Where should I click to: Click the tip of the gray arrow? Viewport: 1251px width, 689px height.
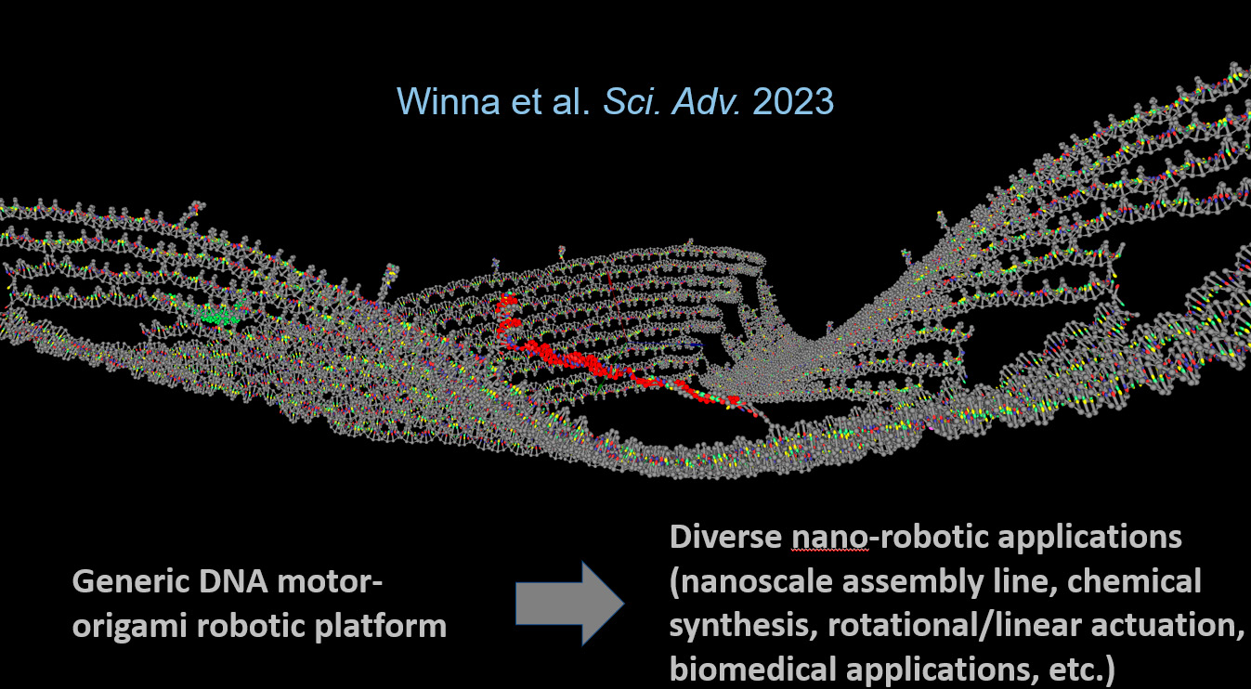click(x=624, y=603)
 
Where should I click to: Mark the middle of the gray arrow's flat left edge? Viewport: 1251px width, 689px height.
click(x=516, y=603)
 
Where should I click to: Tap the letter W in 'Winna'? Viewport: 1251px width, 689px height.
click(x=415, y=101)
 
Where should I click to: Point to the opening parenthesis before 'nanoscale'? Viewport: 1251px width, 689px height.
click(x=674, y=582)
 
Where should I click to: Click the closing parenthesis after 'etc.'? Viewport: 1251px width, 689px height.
click(x=1109, y=669)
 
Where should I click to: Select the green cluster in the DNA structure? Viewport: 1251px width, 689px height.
click(x=221, y=316)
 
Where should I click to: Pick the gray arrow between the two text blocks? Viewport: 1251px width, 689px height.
click(x=569, y=603)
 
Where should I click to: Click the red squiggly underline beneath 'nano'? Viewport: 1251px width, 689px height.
click(x=830, y=550)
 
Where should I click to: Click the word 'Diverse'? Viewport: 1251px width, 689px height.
click(x=726, y=537)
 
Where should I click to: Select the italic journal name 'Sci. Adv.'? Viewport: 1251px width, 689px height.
click(x=672, y=101)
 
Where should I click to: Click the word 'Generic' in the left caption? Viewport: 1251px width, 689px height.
click(x=131, y=581)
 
